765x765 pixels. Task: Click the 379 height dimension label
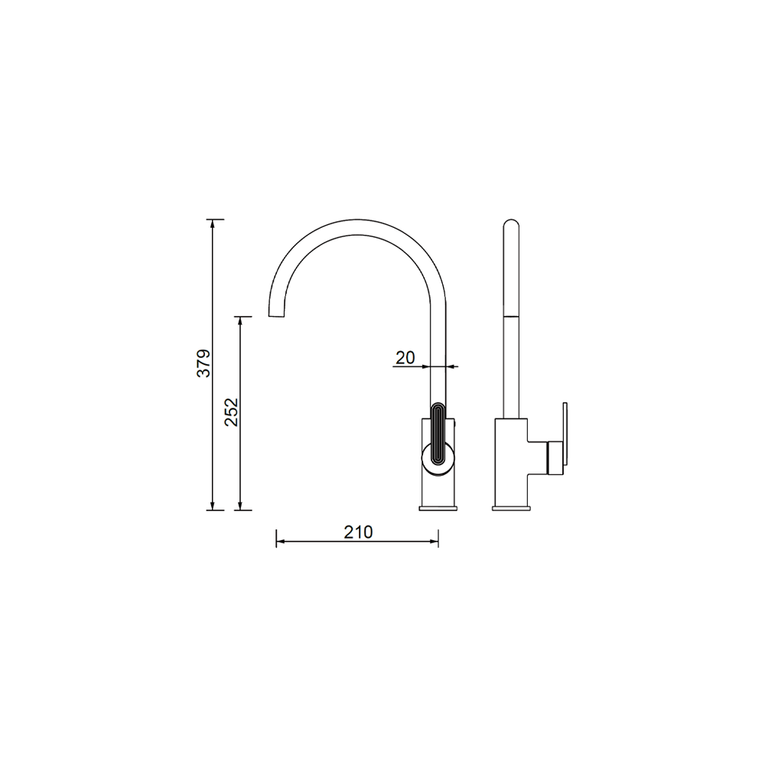(204, 363)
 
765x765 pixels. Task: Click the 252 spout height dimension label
(231, 412)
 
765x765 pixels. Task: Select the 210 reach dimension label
(358, 532)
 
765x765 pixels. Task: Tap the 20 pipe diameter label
(405, 357)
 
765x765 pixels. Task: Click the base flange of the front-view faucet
(438, 509)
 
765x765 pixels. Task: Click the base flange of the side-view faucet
(511, 509)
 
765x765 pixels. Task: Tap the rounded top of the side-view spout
(511, 223)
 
